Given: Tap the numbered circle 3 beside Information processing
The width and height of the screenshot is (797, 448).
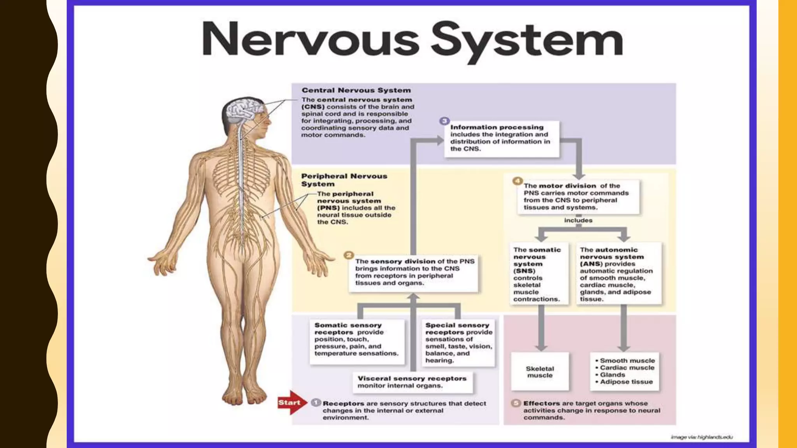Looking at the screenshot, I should (x=444, y=121).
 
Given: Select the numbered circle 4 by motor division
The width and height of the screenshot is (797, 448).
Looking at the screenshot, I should (x=518, y=181).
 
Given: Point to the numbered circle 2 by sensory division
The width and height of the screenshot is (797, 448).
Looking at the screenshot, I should (x=349, y=255).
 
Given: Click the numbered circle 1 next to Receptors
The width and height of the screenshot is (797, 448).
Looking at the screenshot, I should (x=316, y=402).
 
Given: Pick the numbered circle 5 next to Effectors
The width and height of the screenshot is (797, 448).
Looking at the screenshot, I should (x=516, y=403).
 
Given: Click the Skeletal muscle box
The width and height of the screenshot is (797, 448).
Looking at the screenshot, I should (x=540, y=371).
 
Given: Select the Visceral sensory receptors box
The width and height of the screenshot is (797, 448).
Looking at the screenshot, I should (x=413, y=382).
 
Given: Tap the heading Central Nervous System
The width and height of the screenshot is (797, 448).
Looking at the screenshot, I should (x=356, y=90).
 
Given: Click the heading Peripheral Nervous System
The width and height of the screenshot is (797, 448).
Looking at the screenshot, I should (x=344, y=180).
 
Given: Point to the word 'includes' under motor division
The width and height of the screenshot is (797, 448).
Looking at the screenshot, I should (x=578, y=220).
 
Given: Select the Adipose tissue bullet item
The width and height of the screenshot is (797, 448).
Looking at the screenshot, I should (x=626, y=382).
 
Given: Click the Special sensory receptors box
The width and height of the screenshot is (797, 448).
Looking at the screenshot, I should (x=458, y=343).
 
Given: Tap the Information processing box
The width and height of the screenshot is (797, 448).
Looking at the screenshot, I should (x=502, y=138).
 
